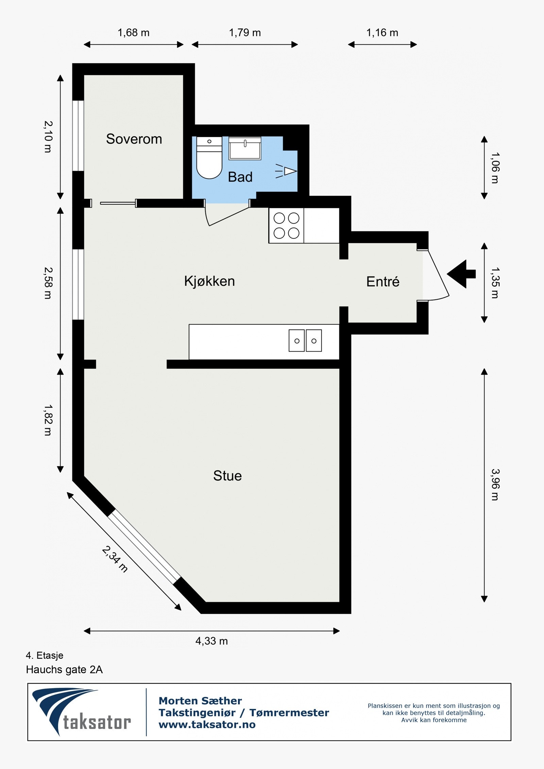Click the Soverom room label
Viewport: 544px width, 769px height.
click(134, 139)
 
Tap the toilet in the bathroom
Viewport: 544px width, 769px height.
click(209, 158)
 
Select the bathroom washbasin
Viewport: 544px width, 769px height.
click(245, 148)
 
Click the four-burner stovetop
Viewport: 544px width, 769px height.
click(286, 226)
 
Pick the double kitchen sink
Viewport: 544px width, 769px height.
click(305, 340)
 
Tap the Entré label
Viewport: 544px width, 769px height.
click(382, 282)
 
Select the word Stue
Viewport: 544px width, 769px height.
click(227, 476)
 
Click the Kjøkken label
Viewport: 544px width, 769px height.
click(209, 281)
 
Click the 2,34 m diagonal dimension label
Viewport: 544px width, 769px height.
click(115, 559)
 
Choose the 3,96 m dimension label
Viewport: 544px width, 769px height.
click(495, 485)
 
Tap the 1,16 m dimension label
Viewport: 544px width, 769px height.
click(382, 33)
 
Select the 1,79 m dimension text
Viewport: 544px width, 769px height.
click(245, 33)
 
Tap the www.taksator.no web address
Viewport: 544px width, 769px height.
click(207, 725)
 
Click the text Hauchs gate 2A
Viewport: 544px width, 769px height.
click(64, 670)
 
